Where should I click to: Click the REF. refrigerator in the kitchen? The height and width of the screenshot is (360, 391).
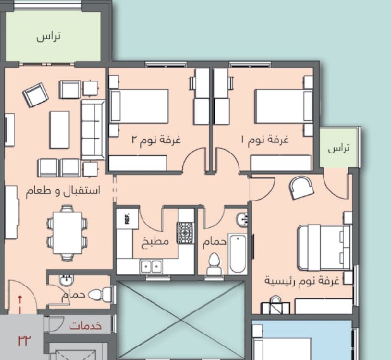[x=127, y=219]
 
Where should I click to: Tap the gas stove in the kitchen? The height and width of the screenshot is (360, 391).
[x=185, y=233]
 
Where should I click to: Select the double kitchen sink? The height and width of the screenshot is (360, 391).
[x=151, y=266]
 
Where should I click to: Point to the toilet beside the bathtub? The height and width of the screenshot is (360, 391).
[x=214, y=264]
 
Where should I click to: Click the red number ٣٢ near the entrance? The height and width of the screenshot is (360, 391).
[x=25, y=340]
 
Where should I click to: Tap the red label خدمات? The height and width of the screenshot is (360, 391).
[x=85, y=326]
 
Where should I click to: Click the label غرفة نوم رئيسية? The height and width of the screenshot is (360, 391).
[x=302, y=281]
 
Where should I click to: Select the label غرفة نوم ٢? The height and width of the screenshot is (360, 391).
[x=156, y=140]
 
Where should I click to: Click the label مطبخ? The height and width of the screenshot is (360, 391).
[x=155, y=242]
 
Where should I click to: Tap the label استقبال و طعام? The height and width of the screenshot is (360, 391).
[x=63, y=191]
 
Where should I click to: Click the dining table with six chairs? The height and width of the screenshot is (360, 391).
[x=67, y=233]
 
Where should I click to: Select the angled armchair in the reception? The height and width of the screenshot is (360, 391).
[x=35, y=95]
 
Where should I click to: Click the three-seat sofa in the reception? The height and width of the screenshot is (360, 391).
[x=93, y=130]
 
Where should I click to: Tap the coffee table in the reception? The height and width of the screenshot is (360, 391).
[x=59, y=130]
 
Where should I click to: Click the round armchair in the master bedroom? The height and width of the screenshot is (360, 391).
[x=301, y=187]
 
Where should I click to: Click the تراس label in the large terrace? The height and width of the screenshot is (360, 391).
[x=48, y=37]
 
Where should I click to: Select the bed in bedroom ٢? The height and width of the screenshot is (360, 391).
[x=139, y=106]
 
